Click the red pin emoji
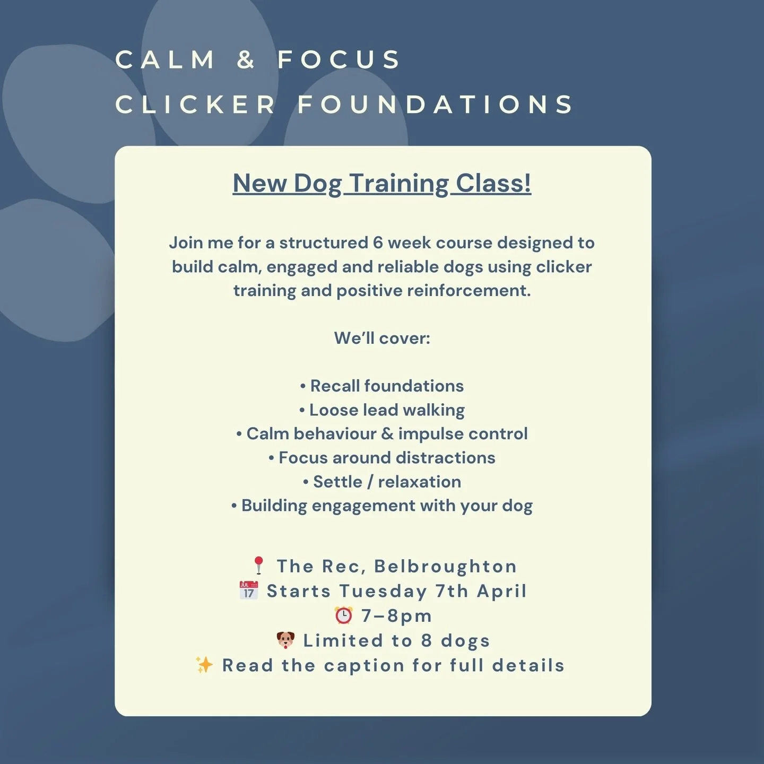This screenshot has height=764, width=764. click(x=259, y=566)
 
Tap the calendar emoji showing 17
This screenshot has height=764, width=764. click(x=249, y=591)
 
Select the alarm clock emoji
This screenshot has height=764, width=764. click(x=344, y=615)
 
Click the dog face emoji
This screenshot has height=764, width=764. click(x=285, y=640)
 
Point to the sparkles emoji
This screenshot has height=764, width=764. click(x=204, y=665)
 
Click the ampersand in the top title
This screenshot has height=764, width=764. click(x=246, y=59)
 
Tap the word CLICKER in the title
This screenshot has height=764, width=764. click(x=195, y=105)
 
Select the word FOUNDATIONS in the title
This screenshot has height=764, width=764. click(x=435, y=105)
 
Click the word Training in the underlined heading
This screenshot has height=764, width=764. click(x=400, y=184)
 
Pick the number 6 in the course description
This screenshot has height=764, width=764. click(x=378, y=242)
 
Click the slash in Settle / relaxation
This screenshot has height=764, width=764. click(x=370, y=482)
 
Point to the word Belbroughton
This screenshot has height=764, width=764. click(x=445, y=566)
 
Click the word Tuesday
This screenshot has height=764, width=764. click(x=383, y=591)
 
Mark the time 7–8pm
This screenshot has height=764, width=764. click(x=396, y=615)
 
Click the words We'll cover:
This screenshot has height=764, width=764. click(x=382, y=338)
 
